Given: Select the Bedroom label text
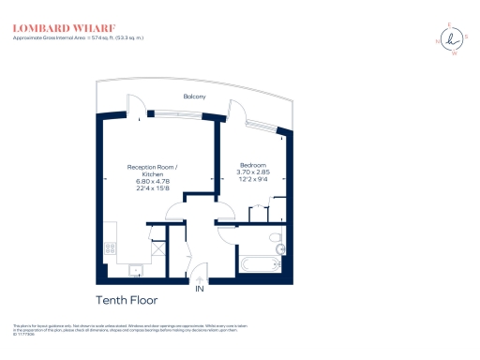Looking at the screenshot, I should pyautogui.click(x=253, y=166).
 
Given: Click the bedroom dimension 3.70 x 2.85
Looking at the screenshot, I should pyautogui.click(x=253, y=173).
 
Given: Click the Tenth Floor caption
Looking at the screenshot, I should pyautogui.click(x=127, y=300).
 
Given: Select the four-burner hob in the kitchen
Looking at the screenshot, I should pyautogui.click(x=110, y=248).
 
